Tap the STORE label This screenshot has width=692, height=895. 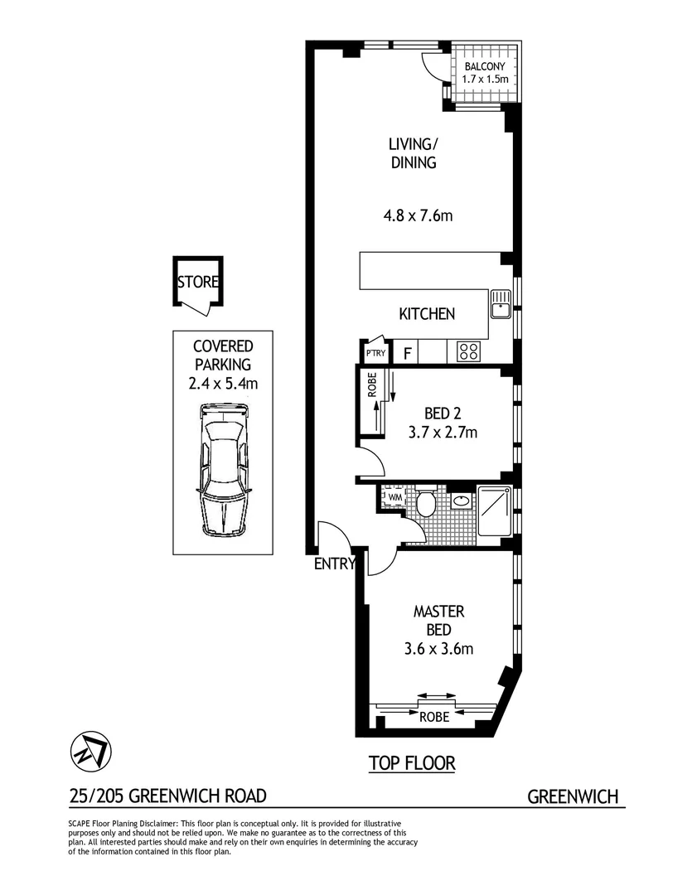pyautogui.click(x=198, y=282)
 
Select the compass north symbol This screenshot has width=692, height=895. pyautogui.click(x=86, y=752)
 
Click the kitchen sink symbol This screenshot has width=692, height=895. pyautogui.click(x=500, y=304)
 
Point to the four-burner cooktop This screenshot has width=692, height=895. pyautogui.click(x=468, y=351)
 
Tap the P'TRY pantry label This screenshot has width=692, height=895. pyautogui.click(x=375, y=354)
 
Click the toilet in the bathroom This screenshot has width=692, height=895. pyautogui.click(x=427, y=502)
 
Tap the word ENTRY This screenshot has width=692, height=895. pyautogui.click(x=335, y=565)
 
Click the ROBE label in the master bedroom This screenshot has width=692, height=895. pyautogui.click(x=434, y=717)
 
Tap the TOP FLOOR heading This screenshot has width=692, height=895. pyautogui.click(x=412, y=763)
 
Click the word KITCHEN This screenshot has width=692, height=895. pyautogui.click(x=427, y=314)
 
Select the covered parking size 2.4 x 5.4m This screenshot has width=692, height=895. pyautogui.click(x=222, y=383)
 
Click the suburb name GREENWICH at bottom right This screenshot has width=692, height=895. pyautogui.click(x=573, y=797)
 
